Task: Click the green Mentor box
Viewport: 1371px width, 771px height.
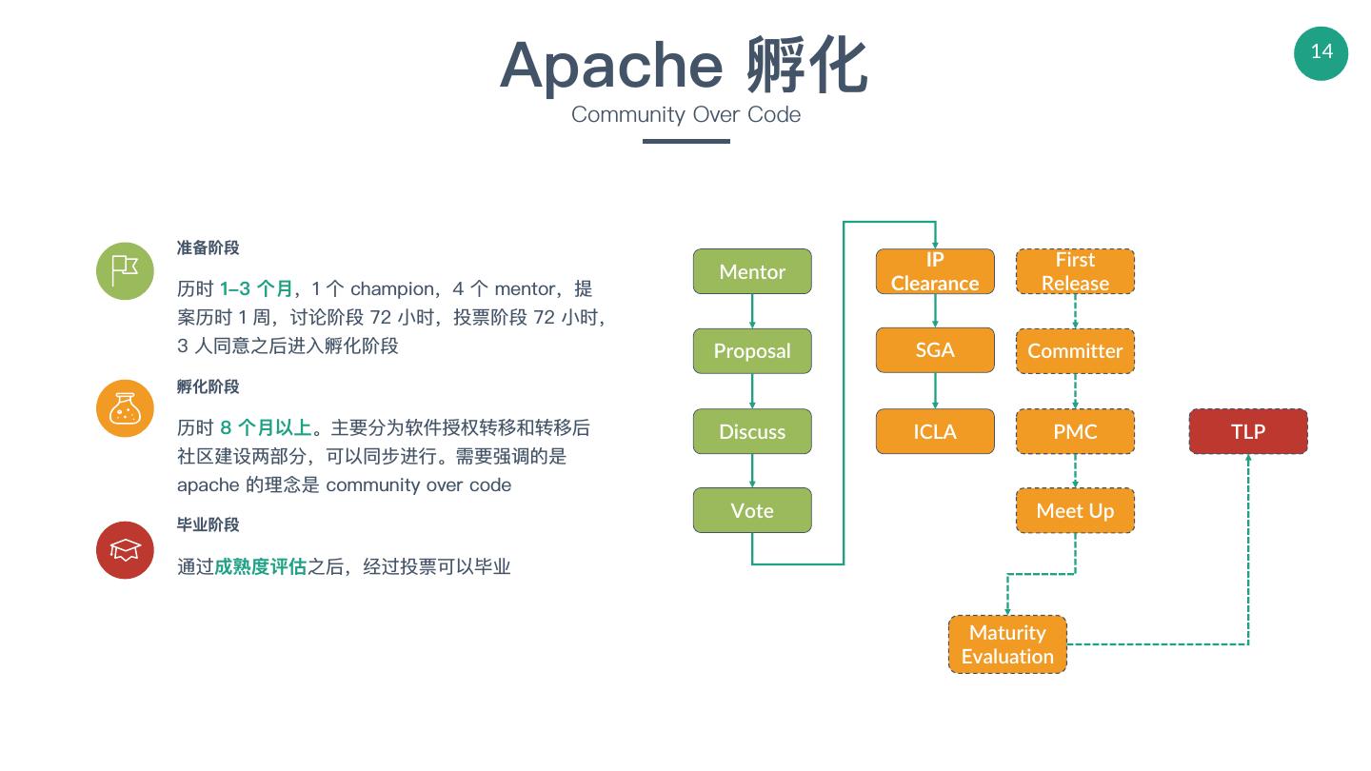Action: pos(752,271)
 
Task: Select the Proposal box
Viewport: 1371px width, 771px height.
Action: pos(752,350)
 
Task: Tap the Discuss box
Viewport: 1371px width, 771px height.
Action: pos(752,431)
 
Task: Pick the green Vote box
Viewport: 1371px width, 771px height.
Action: pos(752,510)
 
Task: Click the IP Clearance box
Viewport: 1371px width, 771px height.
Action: pos(935,271)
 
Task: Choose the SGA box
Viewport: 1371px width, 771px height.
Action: pos(935,350)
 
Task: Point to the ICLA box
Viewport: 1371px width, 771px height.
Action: pos(935,431)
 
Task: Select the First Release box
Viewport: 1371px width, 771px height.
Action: pos(1075,271)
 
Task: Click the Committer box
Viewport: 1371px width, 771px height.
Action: pos(1075,350)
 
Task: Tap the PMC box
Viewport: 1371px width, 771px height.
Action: pos(1075,431)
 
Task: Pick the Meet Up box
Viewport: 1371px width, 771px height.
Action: pos(1075,510)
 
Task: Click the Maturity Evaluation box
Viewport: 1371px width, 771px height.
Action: pos(1007,644)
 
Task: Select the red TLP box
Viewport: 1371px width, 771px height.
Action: pos(1248,431)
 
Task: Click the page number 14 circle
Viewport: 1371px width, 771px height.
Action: pos(1321,52)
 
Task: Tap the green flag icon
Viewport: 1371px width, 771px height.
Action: pos(125,271)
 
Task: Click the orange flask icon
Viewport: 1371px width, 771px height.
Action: pos(125,409)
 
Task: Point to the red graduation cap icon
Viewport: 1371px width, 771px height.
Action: pos(125,549)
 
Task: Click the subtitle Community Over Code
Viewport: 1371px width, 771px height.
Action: pos(685,114)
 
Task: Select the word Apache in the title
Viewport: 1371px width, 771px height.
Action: pos(610,65)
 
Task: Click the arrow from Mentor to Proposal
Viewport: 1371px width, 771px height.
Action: pos(752,311)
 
